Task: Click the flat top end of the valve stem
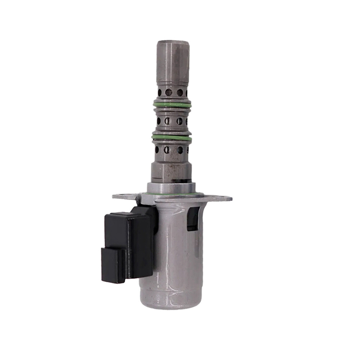[x=173, y=42]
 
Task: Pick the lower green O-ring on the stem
[x=172, y=137]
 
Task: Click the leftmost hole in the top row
[x=160, y=92]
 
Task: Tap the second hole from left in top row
[x=169, y=92]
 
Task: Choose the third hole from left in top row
[x=180, y=92]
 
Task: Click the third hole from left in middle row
[x=179, y=121]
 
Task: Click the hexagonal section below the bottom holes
[x=171, y=171]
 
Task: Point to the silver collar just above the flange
[x=171, y=188]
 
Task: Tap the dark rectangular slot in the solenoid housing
[x=193, y=219]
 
